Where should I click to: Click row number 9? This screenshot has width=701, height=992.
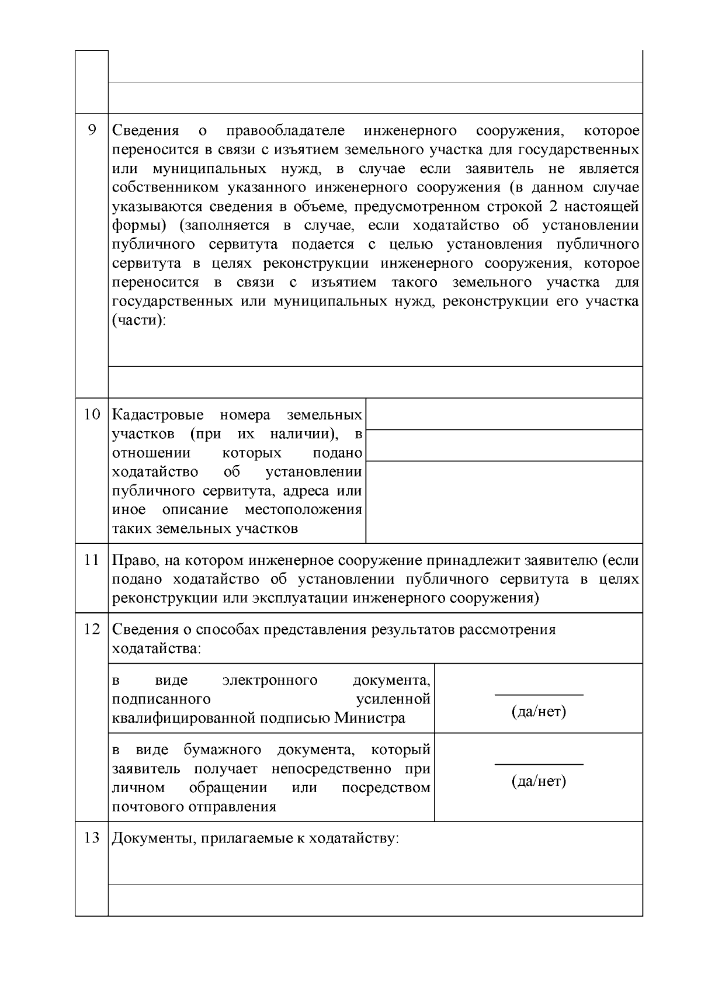pyautogui.click(x=92, y=130)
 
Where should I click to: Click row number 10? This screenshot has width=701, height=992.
pyautogui.click(x=92, y=415)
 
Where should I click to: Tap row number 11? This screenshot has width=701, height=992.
pyautogui.click(x=92, y=560)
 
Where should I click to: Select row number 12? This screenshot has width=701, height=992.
pyautogui.click(x=92, y=629)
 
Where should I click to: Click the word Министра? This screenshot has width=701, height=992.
pyautogui.click(x=370, y=718)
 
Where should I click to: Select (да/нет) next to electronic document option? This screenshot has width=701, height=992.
pyautogui.click(x=539, y=712)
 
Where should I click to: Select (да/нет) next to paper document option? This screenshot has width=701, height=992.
pyautogui.click(x=539, y=782)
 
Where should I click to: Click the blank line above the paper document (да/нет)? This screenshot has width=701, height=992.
pyautogui.click(x=539, y=764)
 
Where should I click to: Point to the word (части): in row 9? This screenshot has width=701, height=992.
pyautogui.click(x=139, y=321)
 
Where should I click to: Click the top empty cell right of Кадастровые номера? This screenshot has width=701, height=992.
pyautogui.click(x=504, y=414)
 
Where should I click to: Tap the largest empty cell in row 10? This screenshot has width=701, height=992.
pyautogui.click(x=504, y=501)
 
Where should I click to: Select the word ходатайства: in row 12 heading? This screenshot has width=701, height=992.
pyautogui.click(x=156, y=648)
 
